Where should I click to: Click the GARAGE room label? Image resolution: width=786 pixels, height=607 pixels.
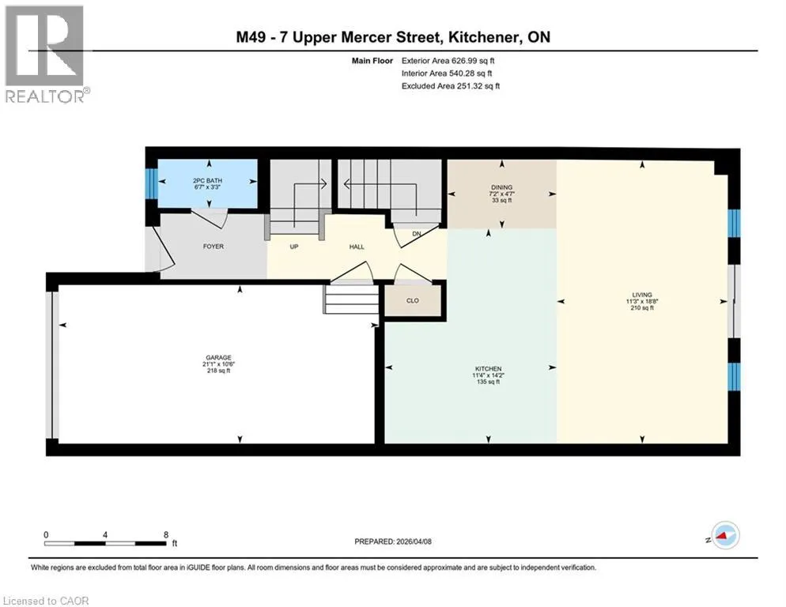218,358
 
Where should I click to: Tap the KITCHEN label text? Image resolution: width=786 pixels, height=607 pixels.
488,369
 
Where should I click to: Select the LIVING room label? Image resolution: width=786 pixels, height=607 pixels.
642,296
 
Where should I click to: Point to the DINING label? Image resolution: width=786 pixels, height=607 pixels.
502,187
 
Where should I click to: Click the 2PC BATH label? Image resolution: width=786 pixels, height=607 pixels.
207,180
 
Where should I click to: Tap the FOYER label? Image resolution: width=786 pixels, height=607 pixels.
214,247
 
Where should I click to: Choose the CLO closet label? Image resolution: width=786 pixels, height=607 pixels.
413,301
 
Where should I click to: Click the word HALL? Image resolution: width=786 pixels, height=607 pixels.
357,247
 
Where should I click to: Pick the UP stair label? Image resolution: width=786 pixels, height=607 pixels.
294,247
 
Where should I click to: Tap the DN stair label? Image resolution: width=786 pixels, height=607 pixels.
417,234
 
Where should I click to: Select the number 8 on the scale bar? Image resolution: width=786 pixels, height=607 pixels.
166,535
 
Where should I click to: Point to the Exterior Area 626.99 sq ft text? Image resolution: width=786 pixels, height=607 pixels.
448,61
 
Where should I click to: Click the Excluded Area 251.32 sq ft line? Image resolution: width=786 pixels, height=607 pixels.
451,86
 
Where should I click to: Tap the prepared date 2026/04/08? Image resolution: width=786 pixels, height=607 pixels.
414,541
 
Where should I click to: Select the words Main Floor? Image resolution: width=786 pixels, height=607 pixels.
372,61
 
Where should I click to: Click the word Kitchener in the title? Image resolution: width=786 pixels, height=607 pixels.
482,37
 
